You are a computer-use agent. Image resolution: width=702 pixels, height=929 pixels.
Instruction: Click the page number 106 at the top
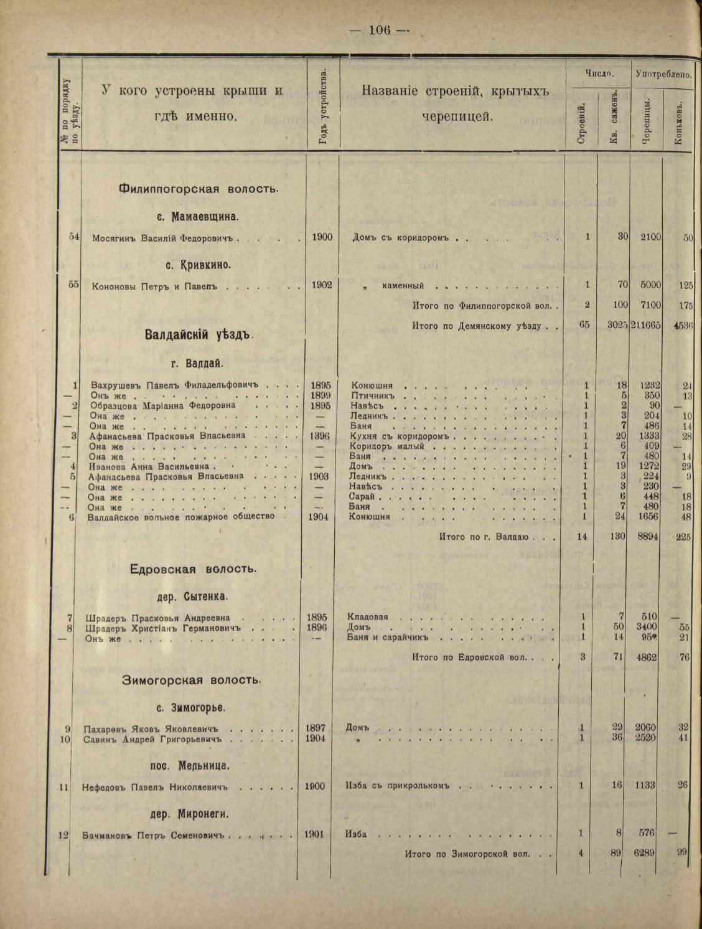click(378, 29)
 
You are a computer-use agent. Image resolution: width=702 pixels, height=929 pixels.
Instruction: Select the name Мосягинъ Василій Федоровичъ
click(161, 237)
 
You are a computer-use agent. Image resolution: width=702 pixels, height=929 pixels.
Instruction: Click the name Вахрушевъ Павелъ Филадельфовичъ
click(174, 385)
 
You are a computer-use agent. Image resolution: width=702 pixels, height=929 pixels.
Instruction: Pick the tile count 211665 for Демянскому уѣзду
click(646, 325)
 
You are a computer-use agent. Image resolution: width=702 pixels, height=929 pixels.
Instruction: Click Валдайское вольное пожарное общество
click(181, 516)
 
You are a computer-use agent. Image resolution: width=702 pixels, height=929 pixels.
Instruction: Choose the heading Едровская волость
click(194, 569)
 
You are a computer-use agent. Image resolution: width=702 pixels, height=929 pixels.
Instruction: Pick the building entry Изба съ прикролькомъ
click(396, 786)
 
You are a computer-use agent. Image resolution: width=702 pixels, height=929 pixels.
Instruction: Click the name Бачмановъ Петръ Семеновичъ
click(152, 834)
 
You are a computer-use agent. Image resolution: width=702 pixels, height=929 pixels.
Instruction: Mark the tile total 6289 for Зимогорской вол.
click(645, 854)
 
